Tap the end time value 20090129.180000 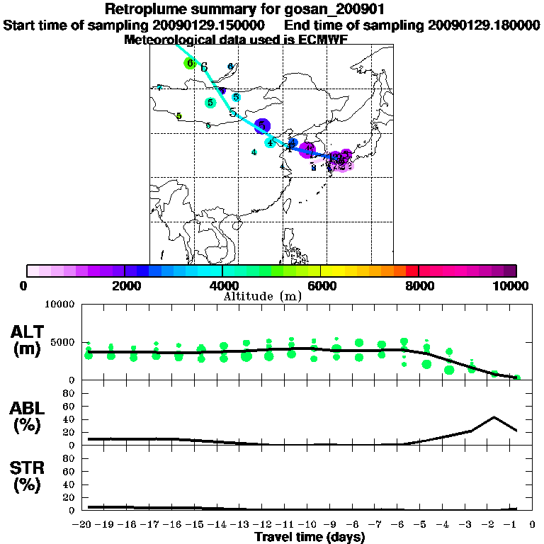pyautogui.click(x=484, y=25)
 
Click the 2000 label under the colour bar pyautogui.click(x=124, y=285)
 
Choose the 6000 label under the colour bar pyautogui.click(x=321, y=285)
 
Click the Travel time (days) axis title pyautogui.click(x=310, y=538)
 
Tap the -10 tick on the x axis pyautogui.click(x=310, y=525)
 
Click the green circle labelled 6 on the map pyautogui.click(x=189, y=63)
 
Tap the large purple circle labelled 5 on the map pyautogui.click(x=262, y=126)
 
